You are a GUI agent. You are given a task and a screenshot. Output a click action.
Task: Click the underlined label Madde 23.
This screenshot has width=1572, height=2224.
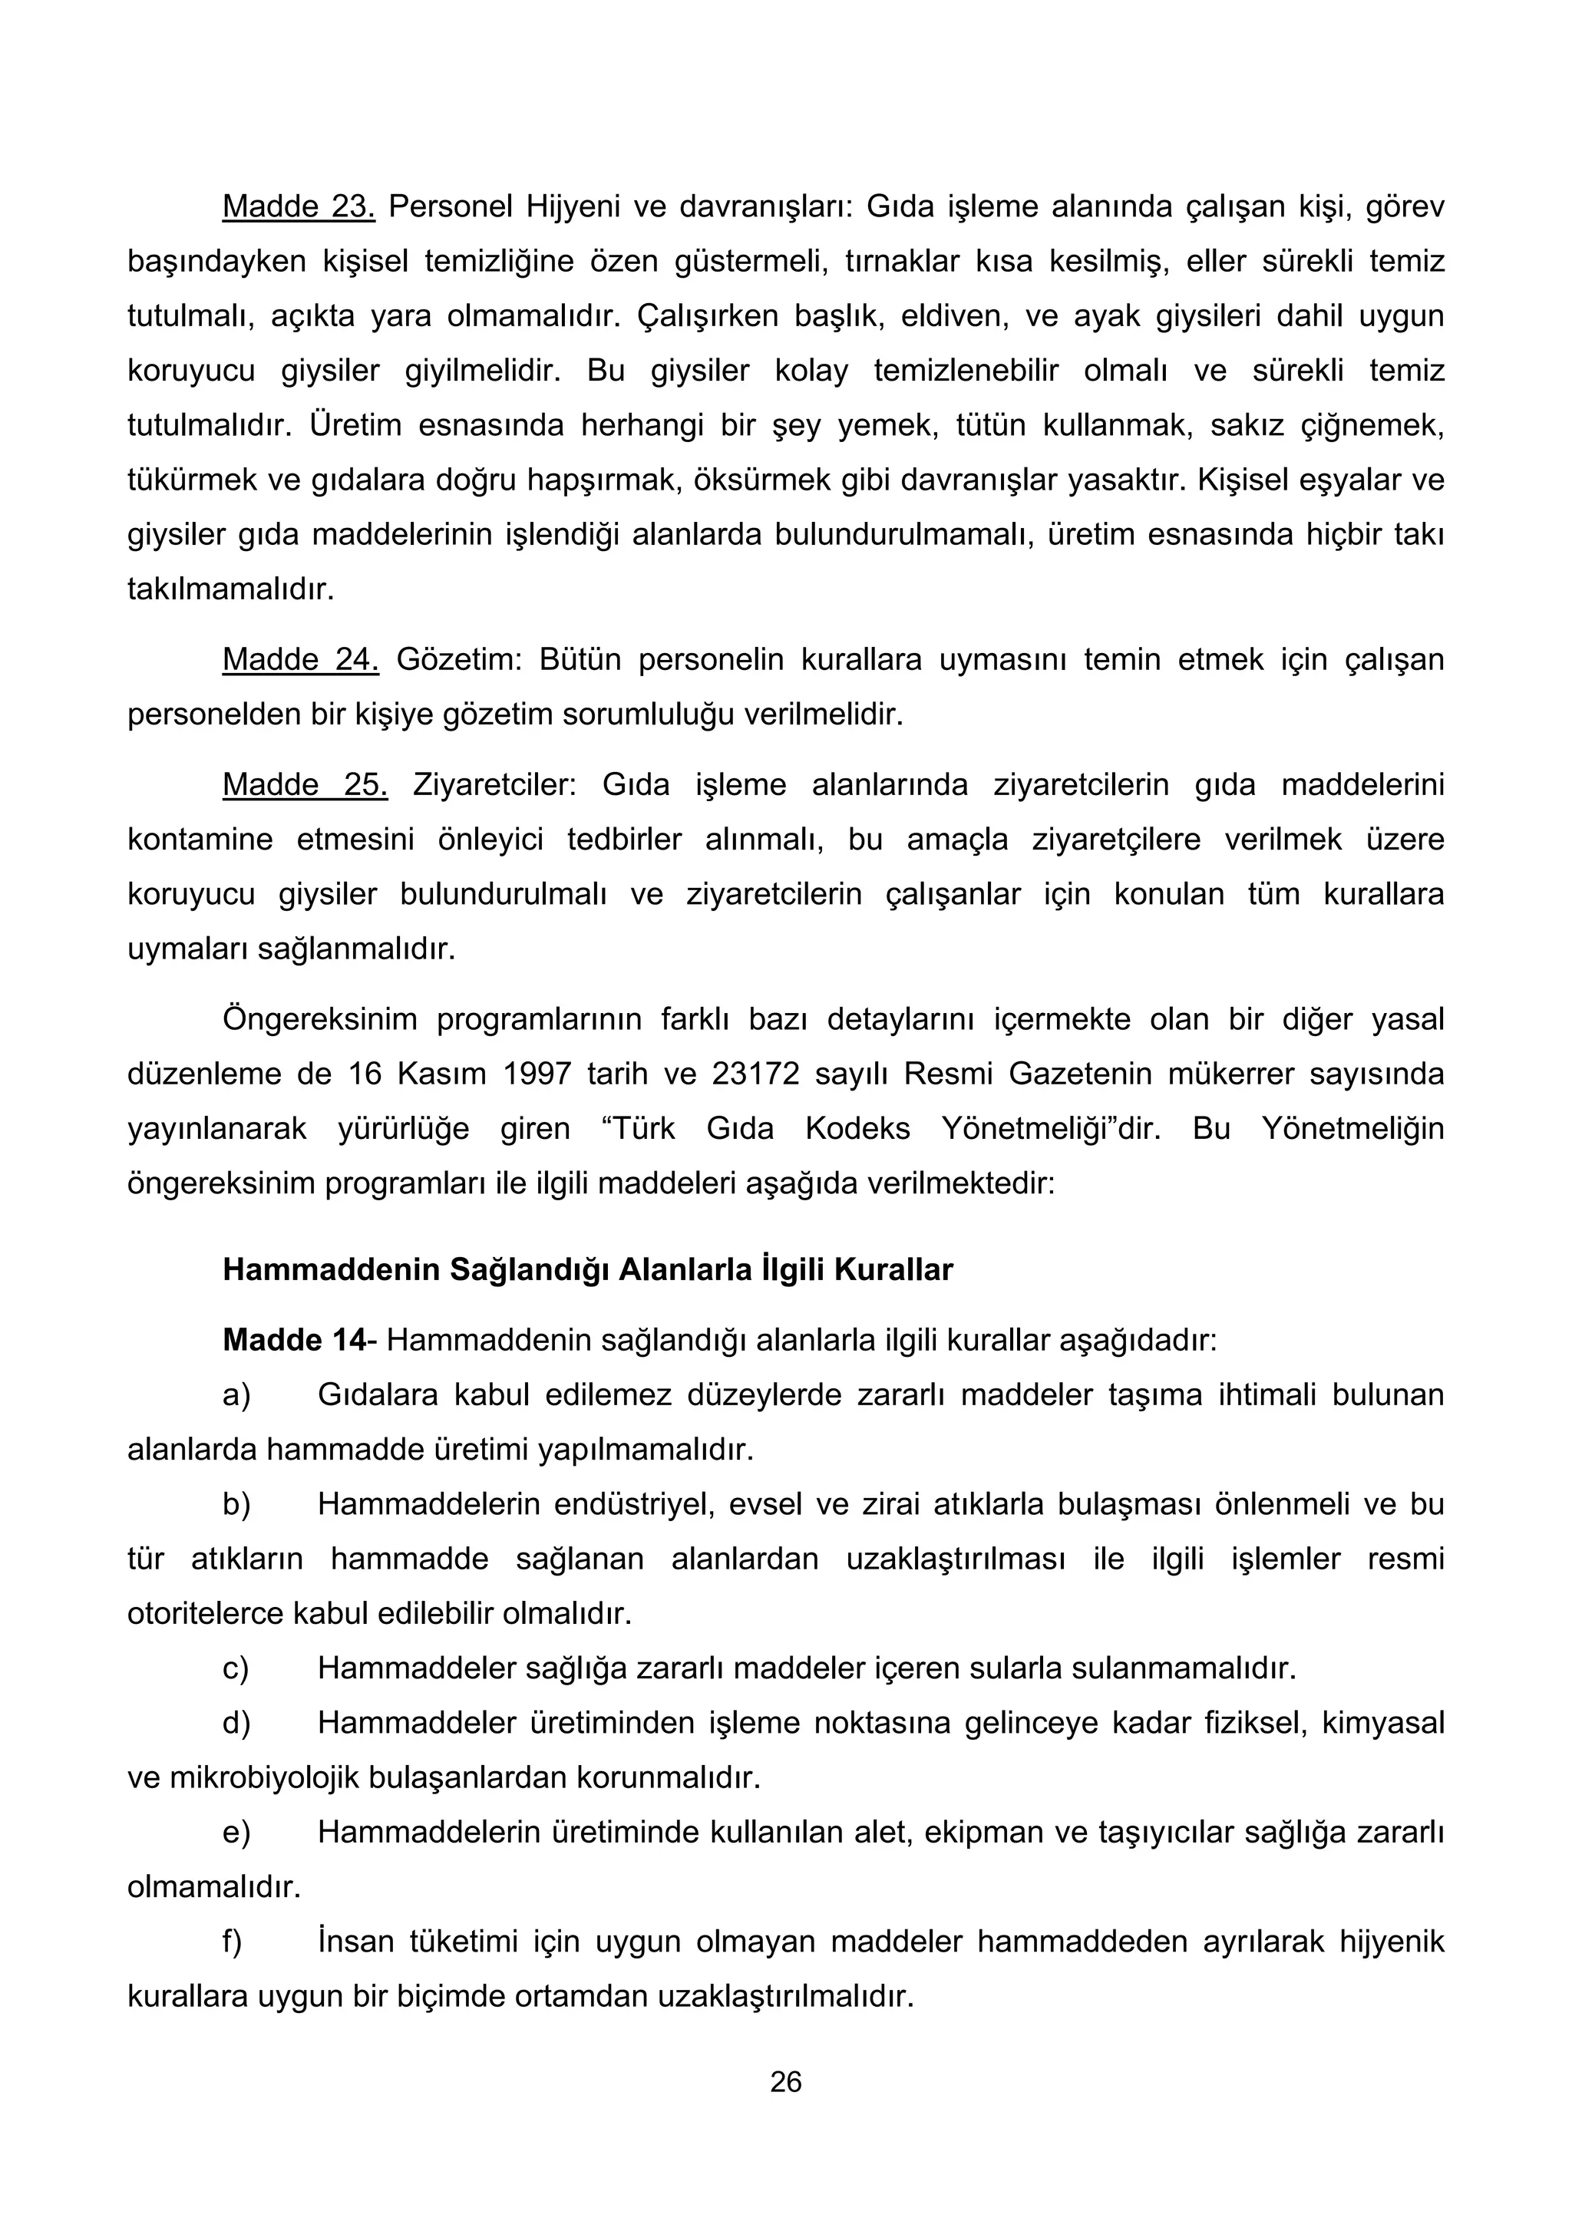tap(299, 206)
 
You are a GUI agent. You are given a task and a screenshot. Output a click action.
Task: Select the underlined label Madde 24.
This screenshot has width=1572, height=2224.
tap(300, 660)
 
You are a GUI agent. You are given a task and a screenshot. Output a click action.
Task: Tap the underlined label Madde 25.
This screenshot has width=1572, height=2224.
tap(305, 784)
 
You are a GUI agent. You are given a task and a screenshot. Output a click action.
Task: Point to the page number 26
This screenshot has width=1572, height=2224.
tap(785, 2081)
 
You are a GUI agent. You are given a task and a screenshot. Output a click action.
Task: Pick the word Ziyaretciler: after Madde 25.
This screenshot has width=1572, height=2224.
tap(494, 784)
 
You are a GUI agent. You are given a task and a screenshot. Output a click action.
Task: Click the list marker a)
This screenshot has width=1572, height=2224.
tap(236, 1395)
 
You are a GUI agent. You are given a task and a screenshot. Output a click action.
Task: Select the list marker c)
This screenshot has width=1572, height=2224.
tap(236, 1668)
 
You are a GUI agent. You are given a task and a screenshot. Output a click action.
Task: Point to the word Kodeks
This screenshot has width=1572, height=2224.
tap(857, 1128)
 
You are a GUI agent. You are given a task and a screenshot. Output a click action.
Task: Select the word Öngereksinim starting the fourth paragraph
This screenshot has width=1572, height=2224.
tap(321, 1020)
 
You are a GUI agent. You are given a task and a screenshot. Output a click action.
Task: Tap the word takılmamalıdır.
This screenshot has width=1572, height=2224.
tap(230, 589)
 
